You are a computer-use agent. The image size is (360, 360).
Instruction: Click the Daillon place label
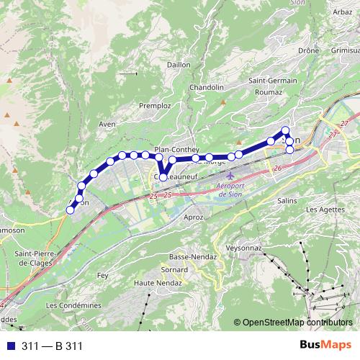click(x=179, y=64)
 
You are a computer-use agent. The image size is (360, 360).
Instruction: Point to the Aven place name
click(x=107, y=124)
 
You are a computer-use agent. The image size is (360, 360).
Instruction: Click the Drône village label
click(x=308, y=51)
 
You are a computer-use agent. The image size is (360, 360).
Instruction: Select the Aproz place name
click(x=194, y=217)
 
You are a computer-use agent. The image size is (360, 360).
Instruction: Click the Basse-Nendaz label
click(x=188, y=256)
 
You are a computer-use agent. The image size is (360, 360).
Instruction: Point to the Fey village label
click(x=102, y=275)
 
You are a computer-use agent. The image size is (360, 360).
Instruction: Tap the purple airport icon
click(x=230, y=176)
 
